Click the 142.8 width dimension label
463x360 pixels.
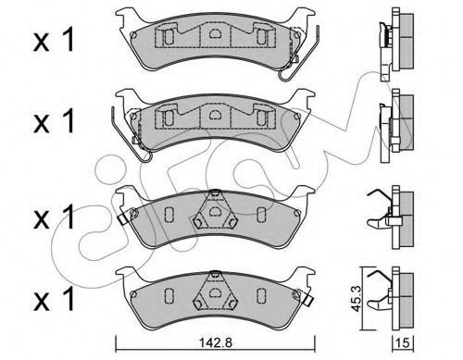216,342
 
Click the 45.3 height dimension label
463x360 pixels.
357,298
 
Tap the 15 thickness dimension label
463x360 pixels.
403,342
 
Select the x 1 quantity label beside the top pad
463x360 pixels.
54,39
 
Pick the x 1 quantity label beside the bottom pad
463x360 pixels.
54,298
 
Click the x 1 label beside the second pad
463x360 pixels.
54,121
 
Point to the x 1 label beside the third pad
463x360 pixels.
54,217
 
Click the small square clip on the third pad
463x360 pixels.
124,218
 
